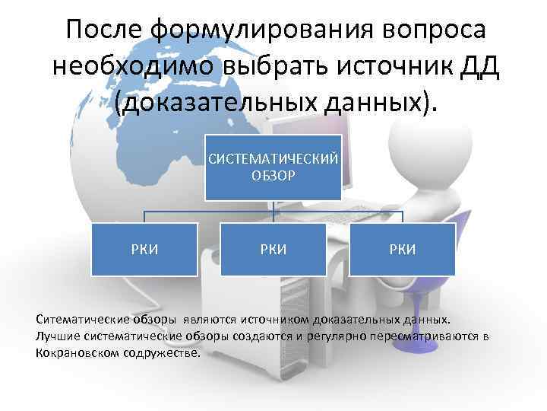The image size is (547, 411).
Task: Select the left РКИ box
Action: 144,249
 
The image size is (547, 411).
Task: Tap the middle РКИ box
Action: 273,249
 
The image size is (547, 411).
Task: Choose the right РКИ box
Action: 403,249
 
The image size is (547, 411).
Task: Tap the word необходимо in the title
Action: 133,67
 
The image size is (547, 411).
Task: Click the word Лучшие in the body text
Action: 55,336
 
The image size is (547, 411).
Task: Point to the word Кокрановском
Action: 74,353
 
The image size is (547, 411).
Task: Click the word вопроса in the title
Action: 435,30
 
